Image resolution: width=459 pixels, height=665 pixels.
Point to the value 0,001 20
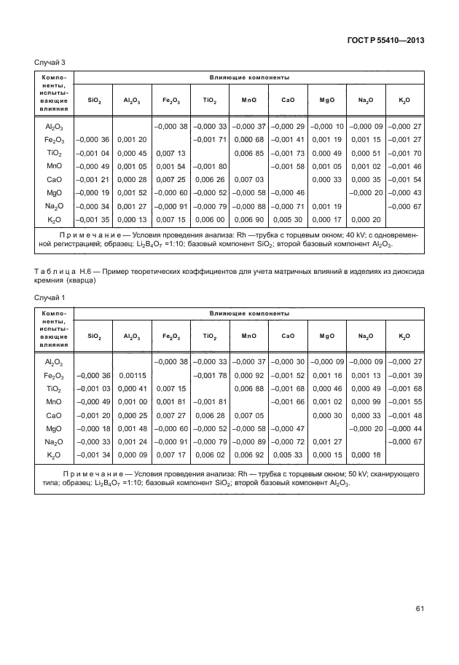pos(132,139)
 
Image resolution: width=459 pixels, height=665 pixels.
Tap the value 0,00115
pos(132,375)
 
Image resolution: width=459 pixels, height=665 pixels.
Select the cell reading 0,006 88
pos(248,388)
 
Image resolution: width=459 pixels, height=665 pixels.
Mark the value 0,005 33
pos(286,455)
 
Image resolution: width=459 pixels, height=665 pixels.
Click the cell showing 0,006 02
pos(209,455)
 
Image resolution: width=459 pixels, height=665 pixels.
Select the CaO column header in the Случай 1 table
pos(286,336)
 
